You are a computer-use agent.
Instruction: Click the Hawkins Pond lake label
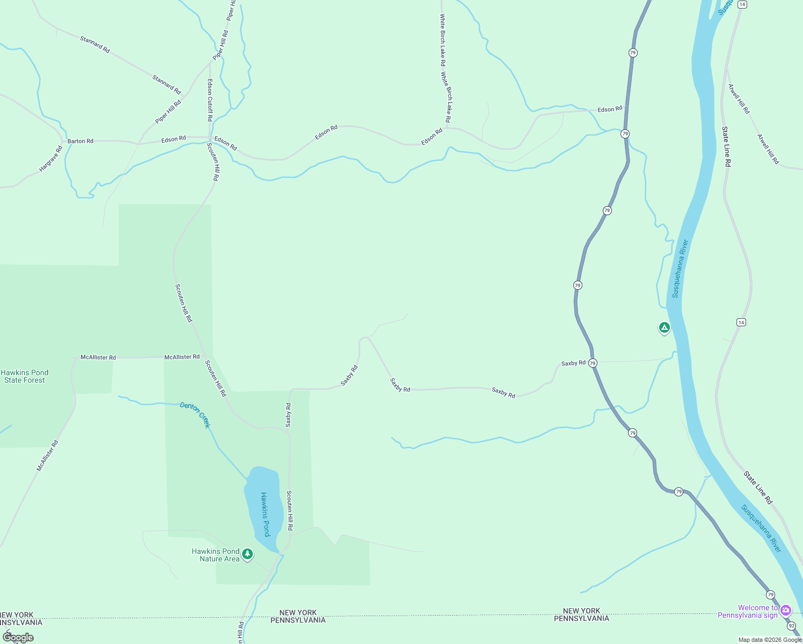point(265,514)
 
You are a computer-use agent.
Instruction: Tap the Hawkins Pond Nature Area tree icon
point(247,554)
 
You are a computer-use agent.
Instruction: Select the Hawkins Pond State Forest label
point(25,376)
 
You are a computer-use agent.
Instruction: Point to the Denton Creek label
point(195,414)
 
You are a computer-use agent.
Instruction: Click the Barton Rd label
point(81,141)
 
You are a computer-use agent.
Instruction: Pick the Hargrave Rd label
point(51,159)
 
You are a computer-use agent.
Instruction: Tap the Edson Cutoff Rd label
point(210,100)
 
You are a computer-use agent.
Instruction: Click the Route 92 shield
point(792,626)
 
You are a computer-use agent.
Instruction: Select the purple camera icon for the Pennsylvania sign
point(786,610)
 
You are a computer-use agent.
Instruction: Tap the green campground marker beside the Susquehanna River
point(664,327)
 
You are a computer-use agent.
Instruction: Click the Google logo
point(18,637)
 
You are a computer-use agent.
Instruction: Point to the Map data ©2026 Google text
point(770,640)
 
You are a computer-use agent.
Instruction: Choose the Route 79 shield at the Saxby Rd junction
point(593,363)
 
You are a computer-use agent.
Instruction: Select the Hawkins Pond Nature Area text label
point(216,555)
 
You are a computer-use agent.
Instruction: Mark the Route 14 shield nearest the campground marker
point(741,322)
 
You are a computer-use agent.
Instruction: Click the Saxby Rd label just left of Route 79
point(573,363)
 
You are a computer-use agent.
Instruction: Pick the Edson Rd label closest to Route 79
point(610,109)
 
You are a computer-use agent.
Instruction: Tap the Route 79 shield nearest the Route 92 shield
point(771,595)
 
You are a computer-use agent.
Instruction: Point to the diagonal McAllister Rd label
point(47,456)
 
